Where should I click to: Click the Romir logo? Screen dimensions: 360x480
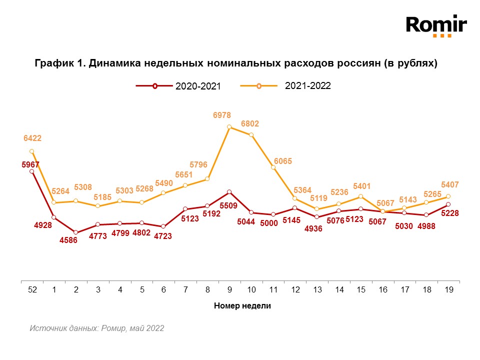click(436, 26)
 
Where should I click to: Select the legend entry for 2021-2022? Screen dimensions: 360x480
click(286, 85)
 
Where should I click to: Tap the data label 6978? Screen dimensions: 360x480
click(222, 115)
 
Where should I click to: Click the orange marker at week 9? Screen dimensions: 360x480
click(229, 127)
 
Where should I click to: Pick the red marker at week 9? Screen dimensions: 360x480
click(229, 191)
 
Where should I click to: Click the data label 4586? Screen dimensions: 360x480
click(68, 241)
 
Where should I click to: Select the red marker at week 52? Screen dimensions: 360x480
click(31, 171)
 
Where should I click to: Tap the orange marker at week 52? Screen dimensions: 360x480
click(31, 151)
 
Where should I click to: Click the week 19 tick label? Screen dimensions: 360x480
click(448, 290)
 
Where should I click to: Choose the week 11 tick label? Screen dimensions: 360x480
click(273, 290)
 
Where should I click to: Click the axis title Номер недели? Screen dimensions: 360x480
click(242, 306)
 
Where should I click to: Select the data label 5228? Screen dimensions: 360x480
click(449, 213)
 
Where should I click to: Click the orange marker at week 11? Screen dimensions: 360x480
click(273, 167)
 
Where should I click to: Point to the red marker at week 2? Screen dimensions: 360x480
click(75, 232)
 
